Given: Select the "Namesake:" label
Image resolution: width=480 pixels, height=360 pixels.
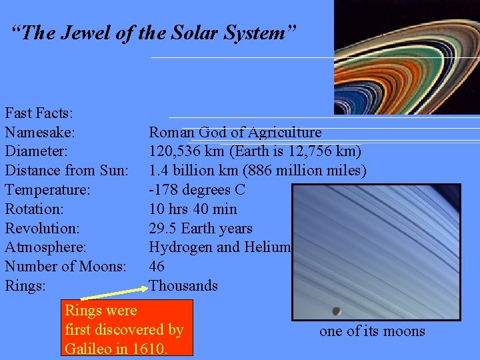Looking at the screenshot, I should [x=40, y=133].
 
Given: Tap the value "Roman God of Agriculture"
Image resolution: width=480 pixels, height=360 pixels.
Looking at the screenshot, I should [x=235, y=133].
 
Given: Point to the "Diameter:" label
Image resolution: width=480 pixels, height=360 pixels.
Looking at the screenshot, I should [x=37, y=151].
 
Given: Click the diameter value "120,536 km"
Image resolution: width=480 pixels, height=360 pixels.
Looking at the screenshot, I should [x=188, y=151].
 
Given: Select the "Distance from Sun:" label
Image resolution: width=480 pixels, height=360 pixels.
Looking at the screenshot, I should [x=67, y=171].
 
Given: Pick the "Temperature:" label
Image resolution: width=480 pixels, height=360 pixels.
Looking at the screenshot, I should [x=47, y=190].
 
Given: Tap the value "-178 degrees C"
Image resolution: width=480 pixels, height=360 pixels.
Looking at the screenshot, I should [x=197, y=190].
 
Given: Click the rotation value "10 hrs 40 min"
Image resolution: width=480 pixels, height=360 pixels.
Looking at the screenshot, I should [x=193, y=209].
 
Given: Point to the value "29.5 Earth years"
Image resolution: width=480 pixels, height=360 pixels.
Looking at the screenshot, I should [x=200, y=228].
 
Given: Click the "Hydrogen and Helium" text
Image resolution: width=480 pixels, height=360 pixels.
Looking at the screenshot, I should [x=220, y=247].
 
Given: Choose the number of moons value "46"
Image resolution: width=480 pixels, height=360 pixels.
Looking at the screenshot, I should [x=157, y=267].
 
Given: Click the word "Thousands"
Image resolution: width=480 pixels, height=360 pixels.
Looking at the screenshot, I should [x=183, y=286].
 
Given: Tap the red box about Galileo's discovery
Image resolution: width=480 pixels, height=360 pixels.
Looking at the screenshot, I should [x=128, y=328].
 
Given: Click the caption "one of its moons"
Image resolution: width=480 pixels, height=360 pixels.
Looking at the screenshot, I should [x=372, y=331].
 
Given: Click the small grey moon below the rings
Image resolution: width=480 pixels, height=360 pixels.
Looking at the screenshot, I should [x=337, y=311].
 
